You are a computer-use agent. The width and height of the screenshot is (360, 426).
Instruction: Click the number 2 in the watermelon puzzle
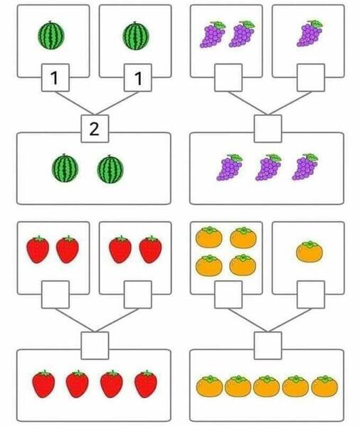click(x=95, y=129)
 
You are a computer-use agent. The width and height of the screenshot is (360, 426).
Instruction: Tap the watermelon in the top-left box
click(x=51, y=36)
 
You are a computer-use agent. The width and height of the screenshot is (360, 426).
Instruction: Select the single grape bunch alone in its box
click(x=309, y=33)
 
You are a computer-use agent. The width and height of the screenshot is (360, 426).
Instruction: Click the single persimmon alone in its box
click(x=309, y=251)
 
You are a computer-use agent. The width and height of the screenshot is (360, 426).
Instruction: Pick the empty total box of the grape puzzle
click(x=268, y=129)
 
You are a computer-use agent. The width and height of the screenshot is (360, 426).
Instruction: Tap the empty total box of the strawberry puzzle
click(x=95, y=346)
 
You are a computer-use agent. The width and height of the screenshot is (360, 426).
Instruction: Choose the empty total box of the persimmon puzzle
click(x=268, y=346)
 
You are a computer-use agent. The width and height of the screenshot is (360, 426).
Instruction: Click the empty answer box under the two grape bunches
click(x=228, y=78)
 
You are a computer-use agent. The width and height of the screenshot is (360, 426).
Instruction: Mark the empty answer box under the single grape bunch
click(x=311, y=78)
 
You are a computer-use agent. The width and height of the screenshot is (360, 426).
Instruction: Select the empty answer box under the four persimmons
click(x=228, y=294)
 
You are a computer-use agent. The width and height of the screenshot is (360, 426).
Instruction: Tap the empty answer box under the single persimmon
click(x=311, y=294)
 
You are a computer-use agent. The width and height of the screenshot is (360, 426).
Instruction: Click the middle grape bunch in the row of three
click(x=268, y=167)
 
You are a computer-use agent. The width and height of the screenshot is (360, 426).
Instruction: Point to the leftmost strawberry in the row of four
click(x=43, y=384)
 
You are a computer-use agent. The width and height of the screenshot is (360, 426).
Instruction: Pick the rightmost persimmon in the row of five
click(x=324, y=386)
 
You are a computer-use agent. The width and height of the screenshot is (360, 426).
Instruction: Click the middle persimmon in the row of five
click(x=266, y=386)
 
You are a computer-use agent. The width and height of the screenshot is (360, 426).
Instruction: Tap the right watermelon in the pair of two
click(x=110, y=169)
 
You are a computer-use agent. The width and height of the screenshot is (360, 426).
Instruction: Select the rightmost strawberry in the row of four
click(x=146, y=384)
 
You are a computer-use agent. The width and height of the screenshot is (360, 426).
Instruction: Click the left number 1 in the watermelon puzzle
click(x=54, y=78)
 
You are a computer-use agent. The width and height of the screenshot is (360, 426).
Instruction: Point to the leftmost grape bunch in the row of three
click(x=230, y=167)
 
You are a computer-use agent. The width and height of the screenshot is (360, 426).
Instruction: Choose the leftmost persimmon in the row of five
click(x=209, y=386)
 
